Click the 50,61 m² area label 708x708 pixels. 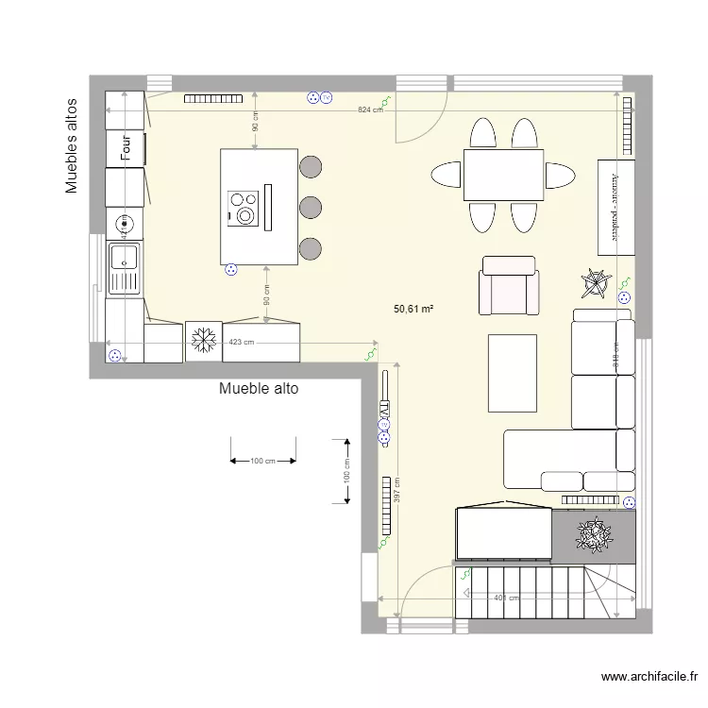coord(413,309)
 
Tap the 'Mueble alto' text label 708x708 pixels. coord(259,388)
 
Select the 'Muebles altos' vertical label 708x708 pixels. coord(71,144)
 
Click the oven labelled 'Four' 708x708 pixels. coord(125,148)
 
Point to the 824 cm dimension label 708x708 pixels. coord(370,110)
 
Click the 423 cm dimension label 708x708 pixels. coord(242,343)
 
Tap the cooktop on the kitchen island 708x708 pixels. coord(244,207)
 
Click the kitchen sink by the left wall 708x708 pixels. coord(124,266)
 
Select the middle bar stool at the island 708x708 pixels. coord(310,208)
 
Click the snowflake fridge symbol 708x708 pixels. coord(203,341)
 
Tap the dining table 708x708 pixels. coord(503,175)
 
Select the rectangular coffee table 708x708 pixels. coord(512,373)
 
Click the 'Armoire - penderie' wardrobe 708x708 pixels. coord(615,206)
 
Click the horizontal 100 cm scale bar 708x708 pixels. coord(262,461)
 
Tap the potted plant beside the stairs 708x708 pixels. coord(593,536)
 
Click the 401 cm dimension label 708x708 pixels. coord(506,598)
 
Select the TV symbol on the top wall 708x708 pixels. coord(327,97)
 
